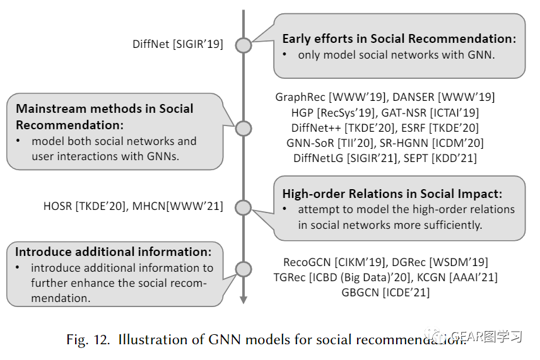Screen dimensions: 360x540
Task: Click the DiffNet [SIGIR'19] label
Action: click(x=178, y=44)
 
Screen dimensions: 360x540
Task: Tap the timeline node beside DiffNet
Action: click(x=243, y=45)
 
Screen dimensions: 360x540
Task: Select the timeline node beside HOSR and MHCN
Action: click(x=243, y=207)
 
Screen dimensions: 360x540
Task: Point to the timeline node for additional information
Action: click(x=243, y=269)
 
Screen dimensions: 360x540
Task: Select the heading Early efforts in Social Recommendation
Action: click(x=399, y=39)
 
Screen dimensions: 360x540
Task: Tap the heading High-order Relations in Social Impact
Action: click(x=392, y=194)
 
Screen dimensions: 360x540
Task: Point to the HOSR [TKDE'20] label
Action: click(x=85, y=206)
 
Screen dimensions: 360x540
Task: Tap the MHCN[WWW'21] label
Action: click(x=178, y=206)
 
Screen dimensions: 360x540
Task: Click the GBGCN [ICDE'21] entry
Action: click(x=385, y=293)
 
